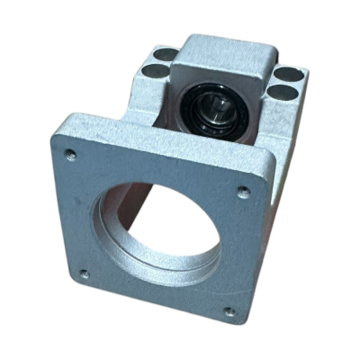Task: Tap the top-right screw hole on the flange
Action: tap(242, 191)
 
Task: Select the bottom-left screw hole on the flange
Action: tap(85, 275)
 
